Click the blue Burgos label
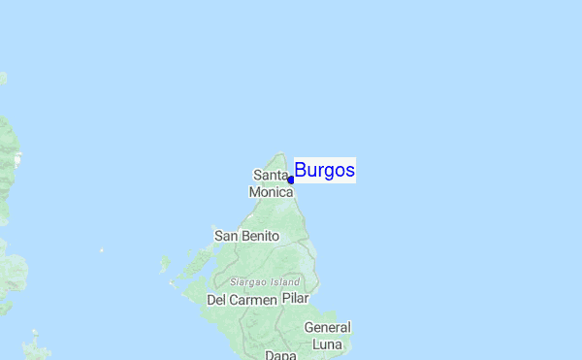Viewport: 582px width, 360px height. [324, 171]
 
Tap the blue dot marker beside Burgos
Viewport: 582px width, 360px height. [291, 180]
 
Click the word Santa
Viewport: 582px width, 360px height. [271, 176]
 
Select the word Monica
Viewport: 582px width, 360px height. [271, 192]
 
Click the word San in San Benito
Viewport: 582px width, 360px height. [225, 236]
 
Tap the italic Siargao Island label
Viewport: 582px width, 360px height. [265, 281]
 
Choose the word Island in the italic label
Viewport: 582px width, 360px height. [286, 281]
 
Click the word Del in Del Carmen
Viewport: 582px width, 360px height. [217, 300]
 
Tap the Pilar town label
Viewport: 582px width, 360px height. [295, 299]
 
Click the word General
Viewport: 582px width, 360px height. [327, 327]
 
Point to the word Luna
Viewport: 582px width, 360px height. [327, 344]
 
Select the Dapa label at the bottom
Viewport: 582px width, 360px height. [280, 355]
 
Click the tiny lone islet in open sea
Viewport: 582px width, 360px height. [101, 250]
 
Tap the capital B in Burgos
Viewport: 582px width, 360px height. [301, 171]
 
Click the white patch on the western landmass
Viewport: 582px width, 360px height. [16, 157]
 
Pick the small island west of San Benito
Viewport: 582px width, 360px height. [166, 263]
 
